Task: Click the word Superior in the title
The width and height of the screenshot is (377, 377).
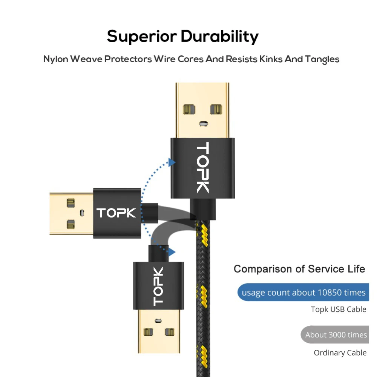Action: [142, 37]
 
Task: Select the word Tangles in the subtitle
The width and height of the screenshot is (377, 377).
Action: [322, 60]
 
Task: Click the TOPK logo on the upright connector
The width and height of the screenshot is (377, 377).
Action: [203, 168]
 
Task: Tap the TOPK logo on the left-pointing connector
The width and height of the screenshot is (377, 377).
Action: [116, 213]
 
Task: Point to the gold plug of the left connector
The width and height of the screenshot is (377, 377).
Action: [72, 214]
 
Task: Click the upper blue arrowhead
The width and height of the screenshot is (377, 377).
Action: [172, 162]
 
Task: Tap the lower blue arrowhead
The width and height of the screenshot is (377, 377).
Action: [172, 251]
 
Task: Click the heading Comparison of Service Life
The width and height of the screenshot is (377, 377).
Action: [299, 269]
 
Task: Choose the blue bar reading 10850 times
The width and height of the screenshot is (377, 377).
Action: [303, 292]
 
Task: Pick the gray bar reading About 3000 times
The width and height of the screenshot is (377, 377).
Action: [335, 335]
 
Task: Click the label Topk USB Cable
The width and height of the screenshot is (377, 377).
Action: [338, 310]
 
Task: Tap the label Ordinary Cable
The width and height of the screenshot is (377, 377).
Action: [340, 353]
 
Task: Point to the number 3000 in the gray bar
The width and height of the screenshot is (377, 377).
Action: [337, 335]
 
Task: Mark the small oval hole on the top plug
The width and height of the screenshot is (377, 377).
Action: [204, 123]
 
